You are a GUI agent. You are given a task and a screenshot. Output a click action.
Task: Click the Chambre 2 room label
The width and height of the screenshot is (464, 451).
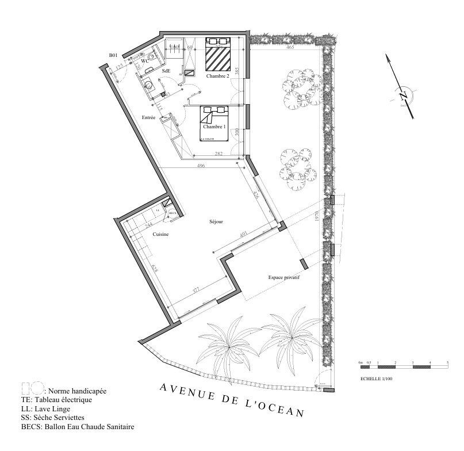[217, 76]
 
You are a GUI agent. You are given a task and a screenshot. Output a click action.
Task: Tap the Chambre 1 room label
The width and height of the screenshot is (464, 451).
[214, 127]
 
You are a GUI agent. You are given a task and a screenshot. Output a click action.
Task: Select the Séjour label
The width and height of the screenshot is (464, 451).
[216, 221]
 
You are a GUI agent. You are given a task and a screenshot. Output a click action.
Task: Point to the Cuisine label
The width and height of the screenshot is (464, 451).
[160, 234]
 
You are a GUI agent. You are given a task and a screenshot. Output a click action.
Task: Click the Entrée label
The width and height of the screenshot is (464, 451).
[149, 117]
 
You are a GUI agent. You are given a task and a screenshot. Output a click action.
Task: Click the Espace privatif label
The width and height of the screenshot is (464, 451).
[285, 277]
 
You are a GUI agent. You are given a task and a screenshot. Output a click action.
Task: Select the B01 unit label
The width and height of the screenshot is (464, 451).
[113, 55]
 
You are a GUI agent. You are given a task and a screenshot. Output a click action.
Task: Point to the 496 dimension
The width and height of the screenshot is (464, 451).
[201, 166]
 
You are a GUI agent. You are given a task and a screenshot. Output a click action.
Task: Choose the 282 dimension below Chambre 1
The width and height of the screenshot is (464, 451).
[218, 154]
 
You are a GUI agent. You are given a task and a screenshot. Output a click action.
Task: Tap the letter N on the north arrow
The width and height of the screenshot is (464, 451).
[403, 95]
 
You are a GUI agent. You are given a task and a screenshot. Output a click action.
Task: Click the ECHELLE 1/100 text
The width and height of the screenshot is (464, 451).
[376, 379]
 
